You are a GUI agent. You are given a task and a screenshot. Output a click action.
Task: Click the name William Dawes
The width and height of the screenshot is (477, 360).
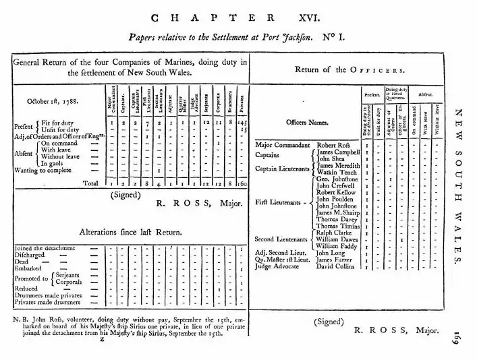click(x=339, y=239)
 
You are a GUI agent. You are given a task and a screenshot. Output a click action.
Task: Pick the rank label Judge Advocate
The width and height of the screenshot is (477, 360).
click(x=278, y=266)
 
